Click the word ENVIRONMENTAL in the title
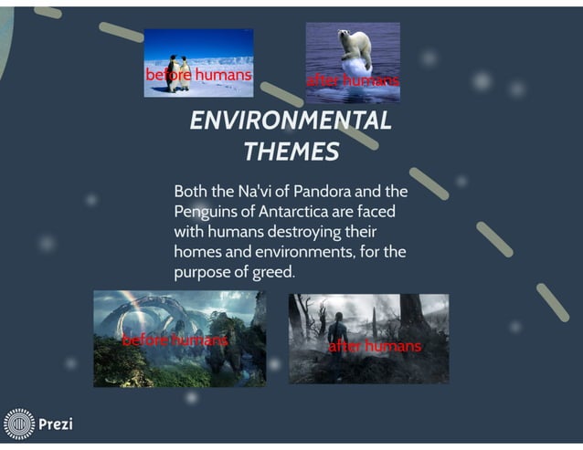291,120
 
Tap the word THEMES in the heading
291,151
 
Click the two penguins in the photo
178,71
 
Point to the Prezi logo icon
18,424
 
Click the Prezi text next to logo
55,424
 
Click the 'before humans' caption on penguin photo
198,74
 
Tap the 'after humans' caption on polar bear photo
353,82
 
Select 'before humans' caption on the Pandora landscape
175,340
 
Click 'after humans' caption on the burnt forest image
375,346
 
